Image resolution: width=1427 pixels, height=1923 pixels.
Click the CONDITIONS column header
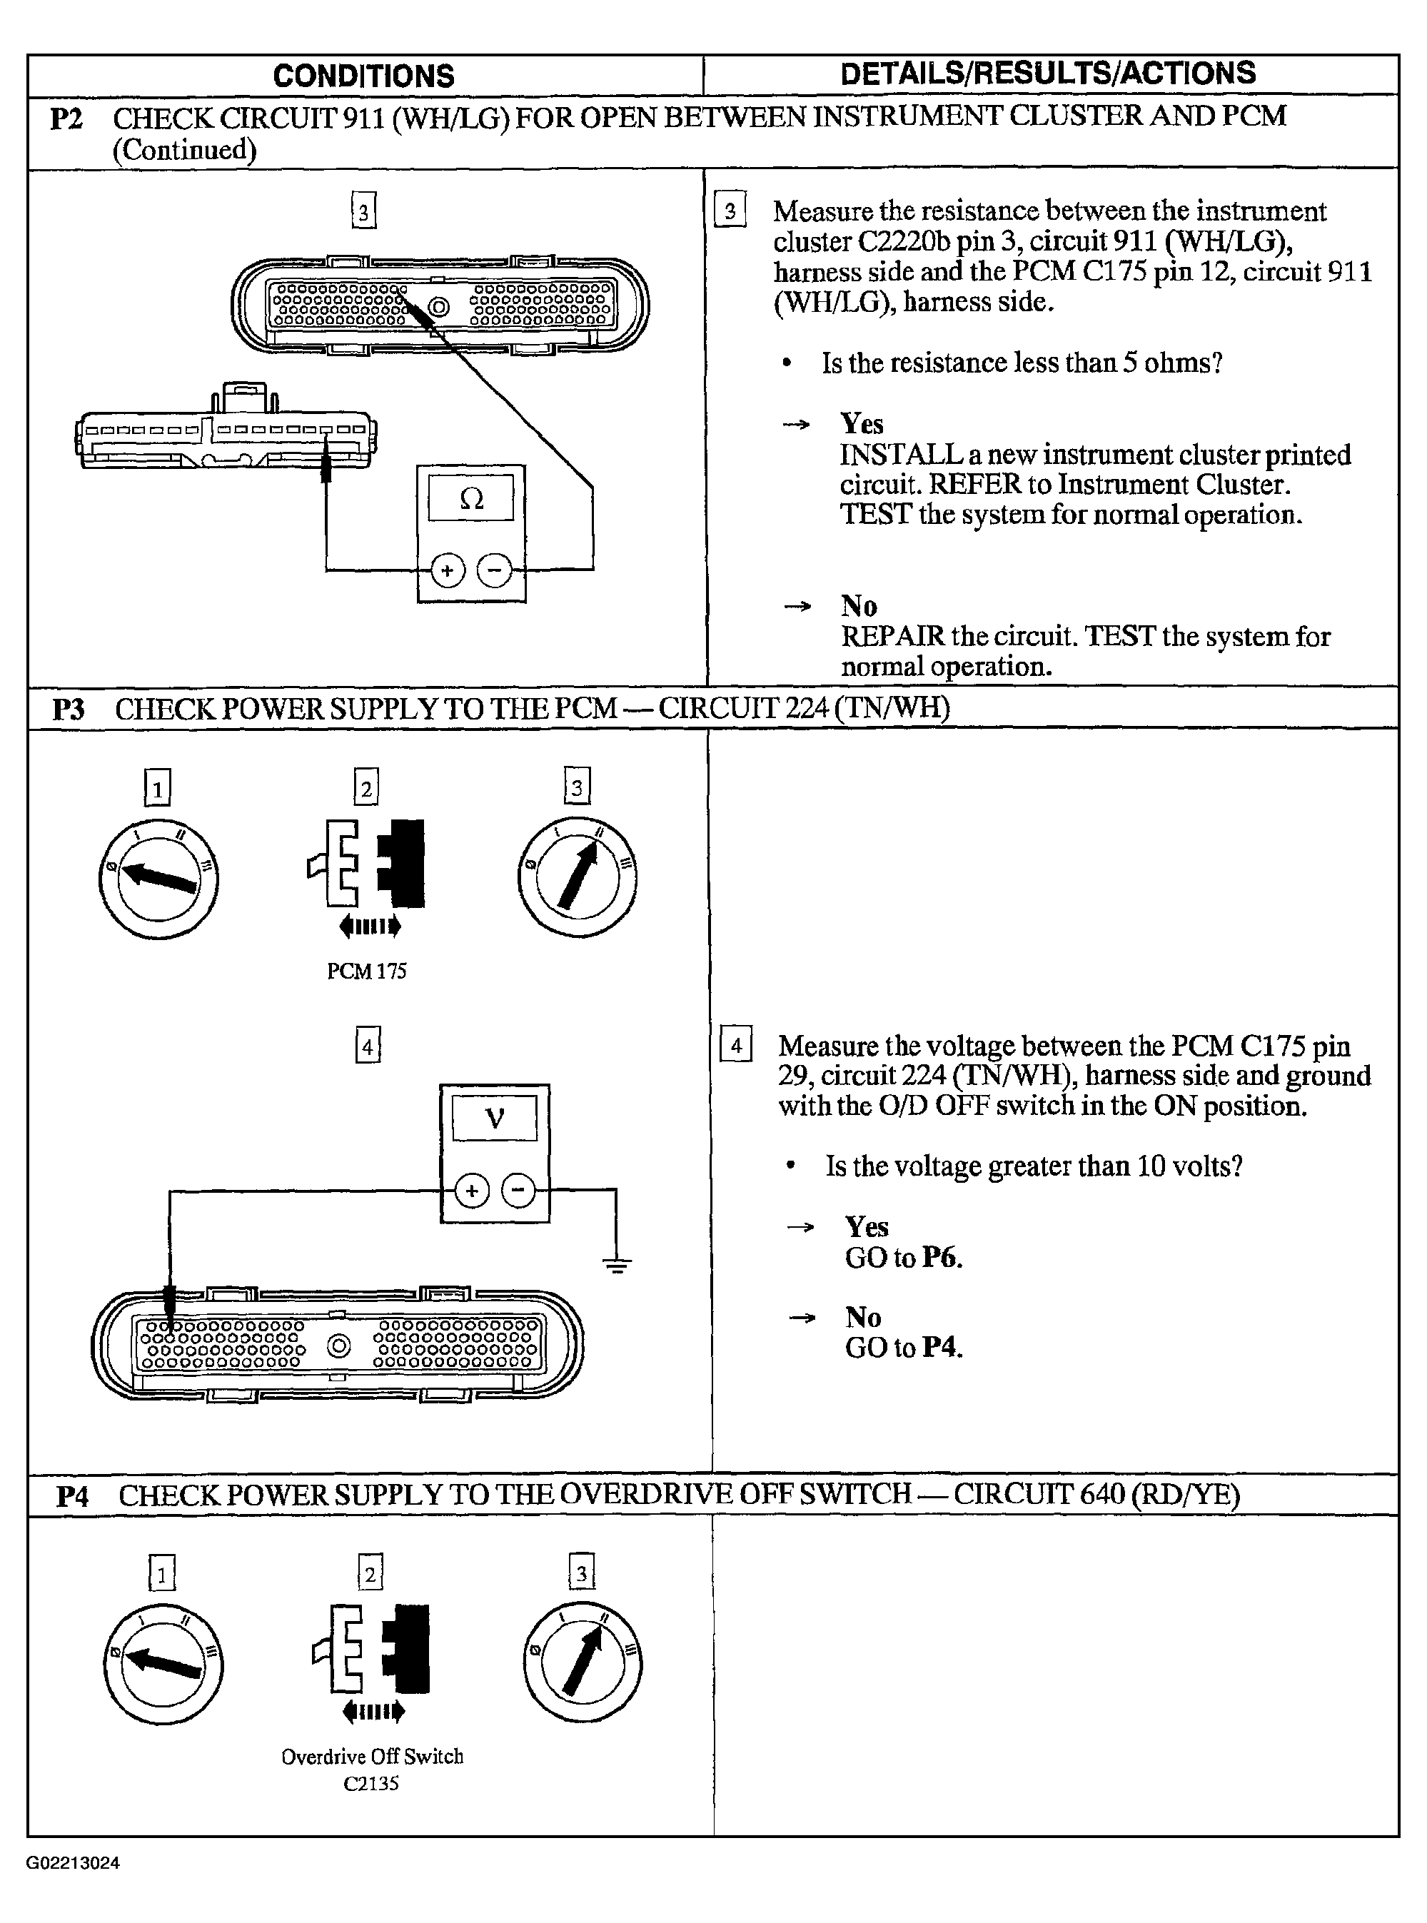pos(363,76)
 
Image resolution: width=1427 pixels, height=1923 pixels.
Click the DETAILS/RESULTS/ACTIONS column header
pos(1048,74)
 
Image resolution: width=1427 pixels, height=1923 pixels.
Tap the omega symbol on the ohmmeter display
pos(472,498)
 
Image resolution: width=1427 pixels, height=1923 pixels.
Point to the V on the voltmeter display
pos(495,1119)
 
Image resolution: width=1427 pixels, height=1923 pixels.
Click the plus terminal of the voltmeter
pos(472,1191)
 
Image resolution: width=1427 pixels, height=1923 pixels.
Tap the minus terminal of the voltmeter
pos(518,1191)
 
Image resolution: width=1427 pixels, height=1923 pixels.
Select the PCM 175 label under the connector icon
pos(366,971)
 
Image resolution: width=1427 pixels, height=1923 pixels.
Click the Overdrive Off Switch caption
pos(373,1757)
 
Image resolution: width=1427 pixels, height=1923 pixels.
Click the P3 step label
pos(69,710)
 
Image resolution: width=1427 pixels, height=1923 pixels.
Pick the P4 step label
pos(73,1496)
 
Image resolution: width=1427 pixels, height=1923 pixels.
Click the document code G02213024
pos(73,1862)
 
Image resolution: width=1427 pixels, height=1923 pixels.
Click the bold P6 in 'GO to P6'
pos(941,1257)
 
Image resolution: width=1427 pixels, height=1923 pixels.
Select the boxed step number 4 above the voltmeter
pos(368,1046)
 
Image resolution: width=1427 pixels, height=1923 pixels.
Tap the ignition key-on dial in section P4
pos(583,1664)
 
